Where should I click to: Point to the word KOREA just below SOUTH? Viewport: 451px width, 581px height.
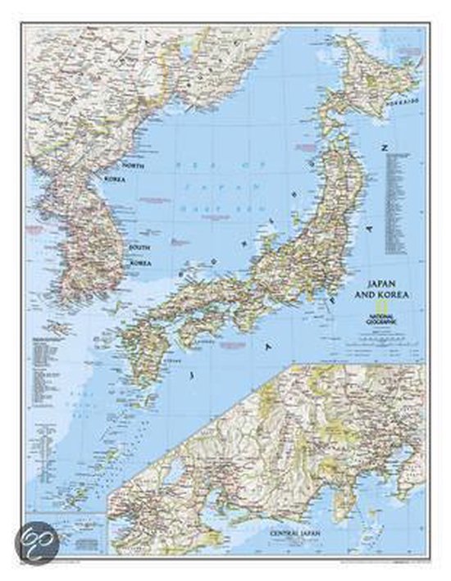tap(140, 264)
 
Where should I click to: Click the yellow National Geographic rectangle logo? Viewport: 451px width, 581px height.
tap(364, 312)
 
